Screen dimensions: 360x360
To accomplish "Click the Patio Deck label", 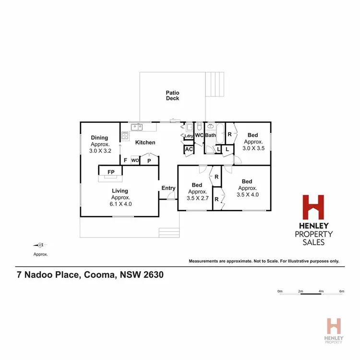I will (x=172, y=96).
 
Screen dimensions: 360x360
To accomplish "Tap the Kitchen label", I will (x=145, y=143).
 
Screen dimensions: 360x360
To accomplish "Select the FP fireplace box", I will (x=111, y=172).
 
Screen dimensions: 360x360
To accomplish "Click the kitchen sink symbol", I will (x=137, y=127).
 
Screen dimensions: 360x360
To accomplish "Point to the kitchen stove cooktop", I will (x=125, y=135).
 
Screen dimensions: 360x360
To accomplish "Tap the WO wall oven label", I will (x=134, y=160).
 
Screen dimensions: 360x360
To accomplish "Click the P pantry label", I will (x=149, y=161).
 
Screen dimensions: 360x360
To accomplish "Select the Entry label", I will (x=168, y=188).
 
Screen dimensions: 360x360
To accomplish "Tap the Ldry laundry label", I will (x=188, y=136).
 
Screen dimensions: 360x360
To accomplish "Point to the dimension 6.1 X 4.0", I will (x=121, y=204).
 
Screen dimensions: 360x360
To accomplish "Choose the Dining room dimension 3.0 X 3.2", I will (x=100, y=151).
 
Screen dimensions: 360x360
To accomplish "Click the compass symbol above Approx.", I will (x=40, y=245).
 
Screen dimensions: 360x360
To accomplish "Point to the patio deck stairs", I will (x=215, y=84).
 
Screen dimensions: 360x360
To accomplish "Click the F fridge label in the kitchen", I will (x=125, y=160).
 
